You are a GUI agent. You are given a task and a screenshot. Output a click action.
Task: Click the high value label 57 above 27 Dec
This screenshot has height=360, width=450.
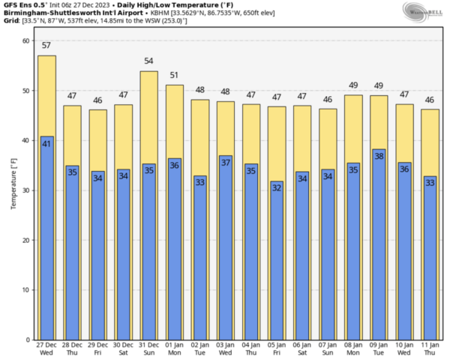click(x=46, y=46)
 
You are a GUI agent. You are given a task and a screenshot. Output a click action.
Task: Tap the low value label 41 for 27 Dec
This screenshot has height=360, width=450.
click(x=46, y=142)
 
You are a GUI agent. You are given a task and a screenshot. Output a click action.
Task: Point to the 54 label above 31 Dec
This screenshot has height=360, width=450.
click(x=148, y=61)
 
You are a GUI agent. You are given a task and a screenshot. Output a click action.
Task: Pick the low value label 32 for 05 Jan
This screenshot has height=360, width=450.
click(x=276, y=187)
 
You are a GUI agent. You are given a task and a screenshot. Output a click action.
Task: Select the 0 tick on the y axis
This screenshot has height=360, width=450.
click(x=28, y=340)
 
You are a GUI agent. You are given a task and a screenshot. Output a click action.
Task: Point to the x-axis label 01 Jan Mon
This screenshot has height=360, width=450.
click(x=174, y=349)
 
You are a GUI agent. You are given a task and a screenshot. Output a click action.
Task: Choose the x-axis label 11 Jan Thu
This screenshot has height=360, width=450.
click(x=429, y=349)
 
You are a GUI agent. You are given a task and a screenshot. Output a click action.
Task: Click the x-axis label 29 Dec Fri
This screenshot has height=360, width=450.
click(x=97, y=349)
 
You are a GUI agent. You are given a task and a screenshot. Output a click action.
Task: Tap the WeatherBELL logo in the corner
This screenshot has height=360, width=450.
click(x=424, y=11)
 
